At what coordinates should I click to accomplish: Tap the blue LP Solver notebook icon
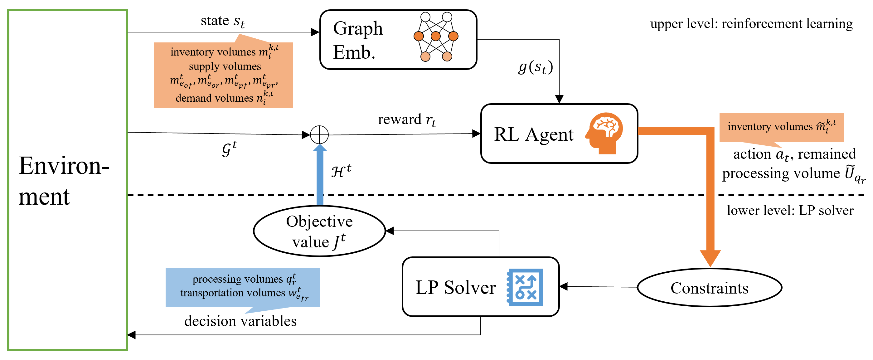point(525,287)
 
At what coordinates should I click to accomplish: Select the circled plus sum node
point(319,134)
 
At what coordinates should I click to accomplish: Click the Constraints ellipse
point(709,288)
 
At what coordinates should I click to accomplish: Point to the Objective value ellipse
point(319,231)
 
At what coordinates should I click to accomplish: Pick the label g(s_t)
point(536,67)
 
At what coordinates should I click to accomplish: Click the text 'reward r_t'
point(407,120)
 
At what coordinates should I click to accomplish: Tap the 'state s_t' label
point(222,21)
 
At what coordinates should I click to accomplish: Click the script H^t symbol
point(341,171)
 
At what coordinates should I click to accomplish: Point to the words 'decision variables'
point(240,321)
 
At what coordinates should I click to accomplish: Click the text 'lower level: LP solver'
point(790,211)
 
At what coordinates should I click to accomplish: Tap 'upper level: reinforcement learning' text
point(751,24)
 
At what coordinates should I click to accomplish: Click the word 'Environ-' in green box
point(64,166)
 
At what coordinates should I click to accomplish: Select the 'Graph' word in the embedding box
point(357,28)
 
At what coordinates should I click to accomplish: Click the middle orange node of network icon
point(435,36)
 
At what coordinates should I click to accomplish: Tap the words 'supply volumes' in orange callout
point(225,66)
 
